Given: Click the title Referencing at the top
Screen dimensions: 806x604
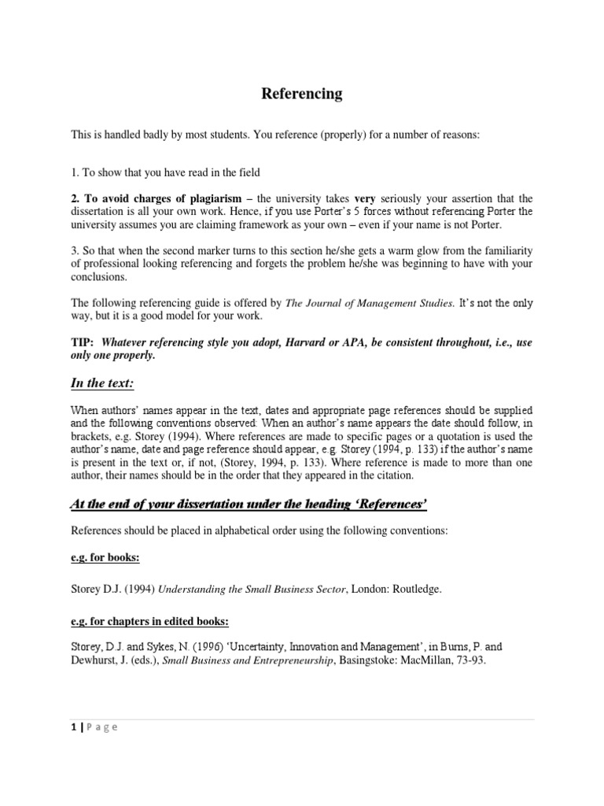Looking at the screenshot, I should pos(302,94).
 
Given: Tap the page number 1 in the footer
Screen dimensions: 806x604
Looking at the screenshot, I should pos(73,727).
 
